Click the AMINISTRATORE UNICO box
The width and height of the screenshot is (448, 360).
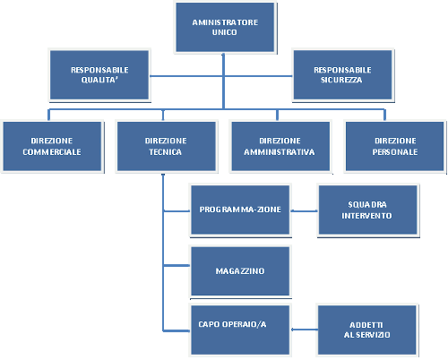pos(225,27)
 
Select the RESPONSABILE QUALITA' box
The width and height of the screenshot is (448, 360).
pos(99,74)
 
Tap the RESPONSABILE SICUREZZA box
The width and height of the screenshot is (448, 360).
pos(342,74)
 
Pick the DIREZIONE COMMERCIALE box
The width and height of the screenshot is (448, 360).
pos(52,146)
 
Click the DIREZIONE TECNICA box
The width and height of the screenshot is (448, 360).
pos(167,146)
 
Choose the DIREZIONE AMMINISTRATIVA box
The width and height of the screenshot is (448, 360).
pos(280,146)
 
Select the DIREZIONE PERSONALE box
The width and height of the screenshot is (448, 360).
pos(395,146)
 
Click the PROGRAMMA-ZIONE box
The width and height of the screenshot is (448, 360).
pos(240,210)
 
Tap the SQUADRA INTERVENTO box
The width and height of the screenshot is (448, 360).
pos(367,210)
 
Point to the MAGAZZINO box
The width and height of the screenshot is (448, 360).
pos(240,271)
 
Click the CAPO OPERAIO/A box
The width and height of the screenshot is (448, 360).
pos(240,330)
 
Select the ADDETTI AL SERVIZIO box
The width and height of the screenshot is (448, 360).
pos(367,330)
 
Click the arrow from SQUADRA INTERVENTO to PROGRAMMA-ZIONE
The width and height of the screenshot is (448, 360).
pos(304,210)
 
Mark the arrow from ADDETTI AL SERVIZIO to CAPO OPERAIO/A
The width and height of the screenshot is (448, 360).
pos(304,330)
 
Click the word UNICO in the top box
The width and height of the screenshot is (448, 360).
pos(225,32)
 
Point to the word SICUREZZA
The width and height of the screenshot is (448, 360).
pos(341,80)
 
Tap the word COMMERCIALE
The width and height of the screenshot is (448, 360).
pos(52,152)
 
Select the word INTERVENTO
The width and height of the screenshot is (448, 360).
pos(366,216)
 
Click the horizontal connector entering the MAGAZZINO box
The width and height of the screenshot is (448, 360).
pos(177,265)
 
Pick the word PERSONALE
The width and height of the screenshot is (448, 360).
pos(395,152)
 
